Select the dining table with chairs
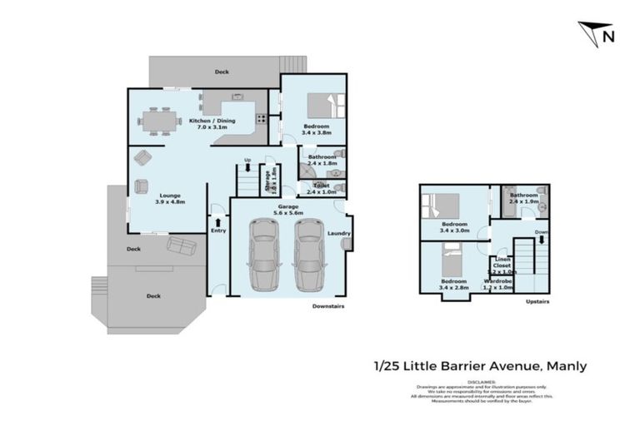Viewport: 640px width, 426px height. (160, 121)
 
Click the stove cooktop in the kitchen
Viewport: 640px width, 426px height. (261, 118)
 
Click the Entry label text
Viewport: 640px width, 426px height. (217, 230)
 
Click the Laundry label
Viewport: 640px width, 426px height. (339, 234)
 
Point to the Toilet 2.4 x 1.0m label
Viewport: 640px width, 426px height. (321, 188)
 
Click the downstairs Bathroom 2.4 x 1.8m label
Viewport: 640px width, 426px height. (321, 159)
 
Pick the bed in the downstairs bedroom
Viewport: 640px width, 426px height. (321, 106)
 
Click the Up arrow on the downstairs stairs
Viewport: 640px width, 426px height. (247, 168)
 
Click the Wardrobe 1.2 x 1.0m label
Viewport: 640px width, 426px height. (498, 285)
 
